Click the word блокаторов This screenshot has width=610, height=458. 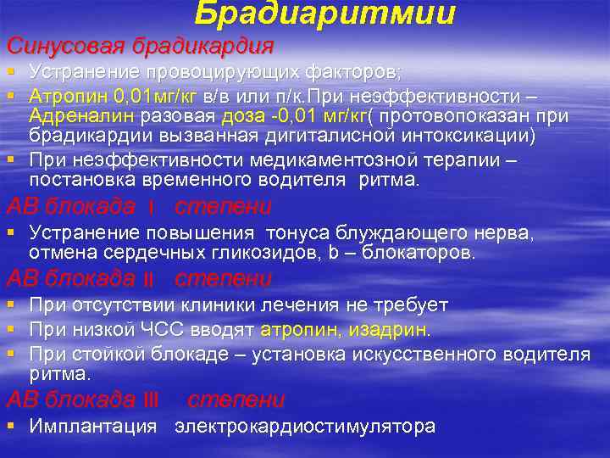click(x=419, y=253)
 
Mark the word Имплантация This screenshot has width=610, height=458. click(x=92, y=427)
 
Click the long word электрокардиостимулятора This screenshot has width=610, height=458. click(x=305, y=427)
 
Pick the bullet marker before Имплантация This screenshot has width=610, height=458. click(x=10, y=427)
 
